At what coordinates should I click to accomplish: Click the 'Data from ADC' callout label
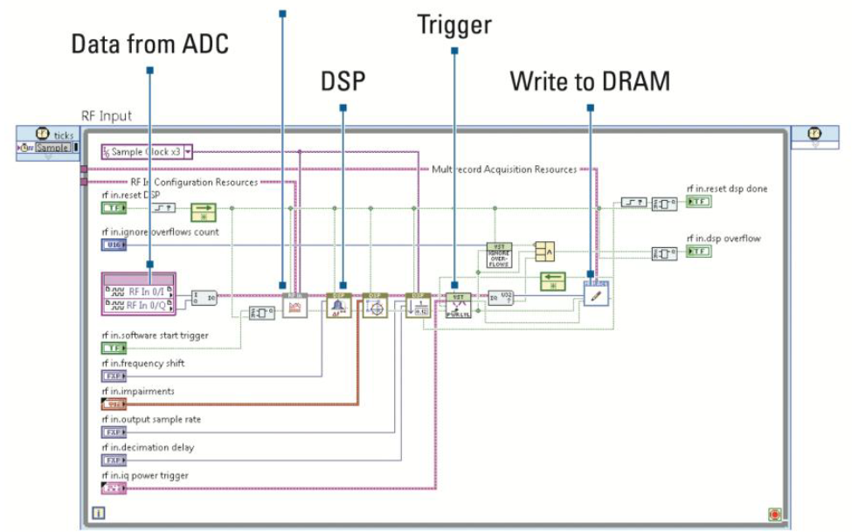point(149,44)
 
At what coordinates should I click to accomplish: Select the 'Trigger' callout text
point(453,24)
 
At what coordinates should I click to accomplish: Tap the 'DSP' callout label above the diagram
point(343,81)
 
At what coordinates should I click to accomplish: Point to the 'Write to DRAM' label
point(590,81)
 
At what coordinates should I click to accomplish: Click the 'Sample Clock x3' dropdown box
point(145,151)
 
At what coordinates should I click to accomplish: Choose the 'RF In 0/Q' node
point(140,305)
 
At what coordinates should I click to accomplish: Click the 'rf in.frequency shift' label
point(142,363)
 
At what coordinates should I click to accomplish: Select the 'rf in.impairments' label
point(137,391)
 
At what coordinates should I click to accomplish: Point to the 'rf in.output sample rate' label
point(150,419)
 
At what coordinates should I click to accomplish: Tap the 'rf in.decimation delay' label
point(148,447)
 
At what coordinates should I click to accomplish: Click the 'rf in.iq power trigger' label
point(145,475)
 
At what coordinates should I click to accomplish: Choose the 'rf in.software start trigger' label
point(155,335)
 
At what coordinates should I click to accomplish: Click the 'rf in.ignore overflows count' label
point(160,232)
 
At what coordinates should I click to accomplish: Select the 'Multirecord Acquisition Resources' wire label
point(504,169)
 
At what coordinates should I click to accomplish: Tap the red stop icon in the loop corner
point(774,514)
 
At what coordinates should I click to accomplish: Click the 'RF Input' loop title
point(107,116)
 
